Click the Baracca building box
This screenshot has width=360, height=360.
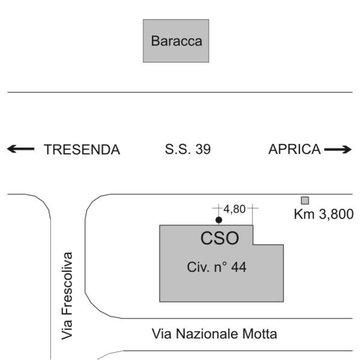pos(176,41)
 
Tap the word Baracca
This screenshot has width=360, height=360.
pos(176,42)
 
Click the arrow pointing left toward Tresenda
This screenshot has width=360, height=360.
pos(20,149)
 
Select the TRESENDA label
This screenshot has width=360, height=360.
pos(82,150)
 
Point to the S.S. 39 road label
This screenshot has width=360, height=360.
pos(187,150)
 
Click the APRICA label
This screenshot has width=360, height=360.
pos(294,150)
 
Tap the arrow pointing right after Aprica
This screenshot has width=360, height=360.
pos(338,150)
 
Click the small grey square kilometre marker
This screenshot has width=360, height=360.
pos(305,200)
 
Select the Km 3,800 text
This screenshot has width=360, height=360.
pos(323,214)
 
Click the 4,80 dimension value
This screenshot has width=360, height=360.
pos(234,209)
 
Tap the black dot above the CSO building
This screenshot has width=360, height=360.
pos(218,220)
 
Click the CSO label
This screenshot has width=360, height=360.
pos(220,239)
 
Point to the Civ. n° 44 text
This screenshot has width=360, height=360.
pos(217,267)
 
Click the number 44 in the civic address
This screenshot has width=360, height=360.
pos(239,267)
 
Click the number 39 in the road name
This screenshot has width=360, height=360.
pos(203,150)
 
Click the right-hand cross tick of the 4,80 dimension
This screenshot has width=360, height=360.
pos(253,209)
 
